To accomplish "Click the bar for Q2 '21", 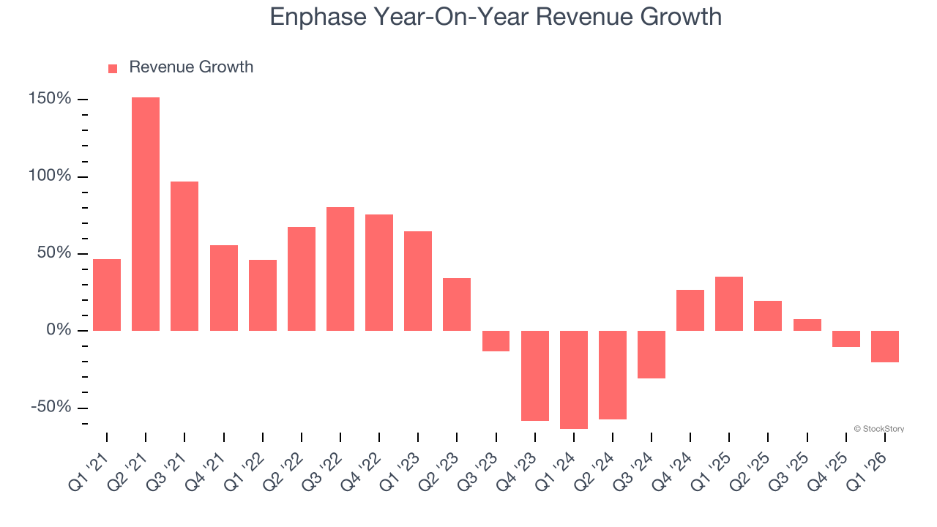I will (146, 214).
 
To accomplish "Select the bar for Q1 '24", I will (574, 379).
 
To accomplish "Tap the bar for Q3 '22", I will (340, 269).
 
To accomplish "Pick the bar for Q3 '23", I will (496, 341).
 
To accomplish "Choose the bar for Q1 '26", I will (885, 346).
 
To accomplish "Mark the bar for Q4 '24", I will (690, 310).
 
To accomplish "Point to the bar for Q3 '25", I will (807, 325).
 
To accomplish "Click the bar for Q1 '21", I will (107, 295).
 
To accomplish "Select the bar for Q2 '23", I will (457, 304).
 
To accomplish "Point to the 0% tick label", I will (58, 330).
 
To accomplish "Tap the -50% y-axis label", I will (51, 407).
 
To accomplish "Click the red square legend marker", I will (113, 69).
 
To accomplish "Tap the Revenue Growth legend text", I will (191, 67).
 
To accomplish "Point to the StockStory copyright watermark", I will (878, 429).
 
